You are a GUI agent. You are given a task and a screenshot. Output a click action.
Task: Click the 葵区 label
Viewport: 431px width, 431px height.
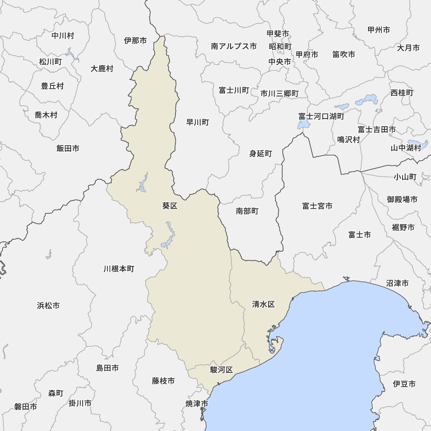170,206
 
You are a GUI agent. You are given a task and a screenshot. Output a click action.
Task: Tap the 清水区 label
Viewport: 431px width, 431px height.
263,305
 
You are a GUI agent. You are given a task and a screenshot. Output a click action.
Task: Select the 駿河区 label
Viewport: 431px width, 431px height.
222,370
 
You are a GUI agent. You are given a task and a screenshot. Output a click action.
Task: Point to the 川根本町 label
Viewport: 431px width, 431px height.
119,269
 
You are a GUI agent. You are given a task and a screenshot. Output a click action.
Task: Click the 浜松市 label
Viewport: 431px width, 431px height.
48,306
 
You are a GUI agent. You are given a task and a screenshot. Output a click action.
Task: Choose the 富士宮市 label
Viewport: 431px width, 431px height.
317,206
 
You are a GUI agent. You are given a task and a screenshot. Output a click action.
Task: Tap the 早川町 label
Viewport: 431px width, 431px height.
197,122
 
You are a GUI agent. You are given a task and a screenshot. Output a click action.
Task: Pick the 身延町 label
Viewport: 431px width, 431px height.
261,153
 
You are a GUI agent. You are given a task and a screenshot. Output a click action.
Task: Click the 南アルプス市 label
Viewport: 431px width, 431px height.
234,46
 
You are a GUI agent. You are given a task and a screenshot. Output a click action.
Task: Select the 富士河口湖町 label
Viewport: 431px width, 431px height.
322,116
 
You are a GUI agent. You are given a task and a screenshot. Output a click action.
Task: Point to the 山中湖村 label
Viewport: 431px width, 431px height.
406,148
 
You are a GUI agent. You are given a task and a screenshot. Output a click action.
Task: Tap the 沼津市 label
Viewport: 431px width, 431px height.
397,283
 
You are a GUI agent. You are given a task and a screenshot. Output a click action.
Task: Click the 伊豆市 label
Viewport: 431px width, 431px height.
404,384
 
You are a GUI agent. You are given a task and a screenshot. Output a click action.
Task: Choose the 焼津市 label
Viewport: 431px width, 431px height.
197,404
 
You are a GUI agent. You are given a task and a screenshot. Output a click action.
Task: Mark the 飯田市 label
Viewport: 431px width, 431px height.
68,148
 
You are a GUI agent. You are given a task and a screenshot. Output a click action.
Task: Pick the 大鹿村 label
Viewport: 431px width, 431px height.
102,69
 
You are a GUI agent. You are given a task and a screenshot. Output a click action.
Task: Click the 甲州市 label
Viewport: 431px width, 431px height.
379,30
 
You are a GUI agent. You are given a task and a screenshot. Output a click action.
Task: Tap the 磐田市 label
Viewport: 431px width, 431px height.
25,406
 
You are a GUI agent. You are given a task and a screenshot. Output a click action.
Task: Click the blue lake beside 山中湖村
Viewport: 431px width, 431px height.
417,144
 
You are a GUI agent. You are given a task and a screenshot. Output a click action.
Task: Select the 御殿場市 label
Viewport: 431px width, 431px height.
402,199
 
